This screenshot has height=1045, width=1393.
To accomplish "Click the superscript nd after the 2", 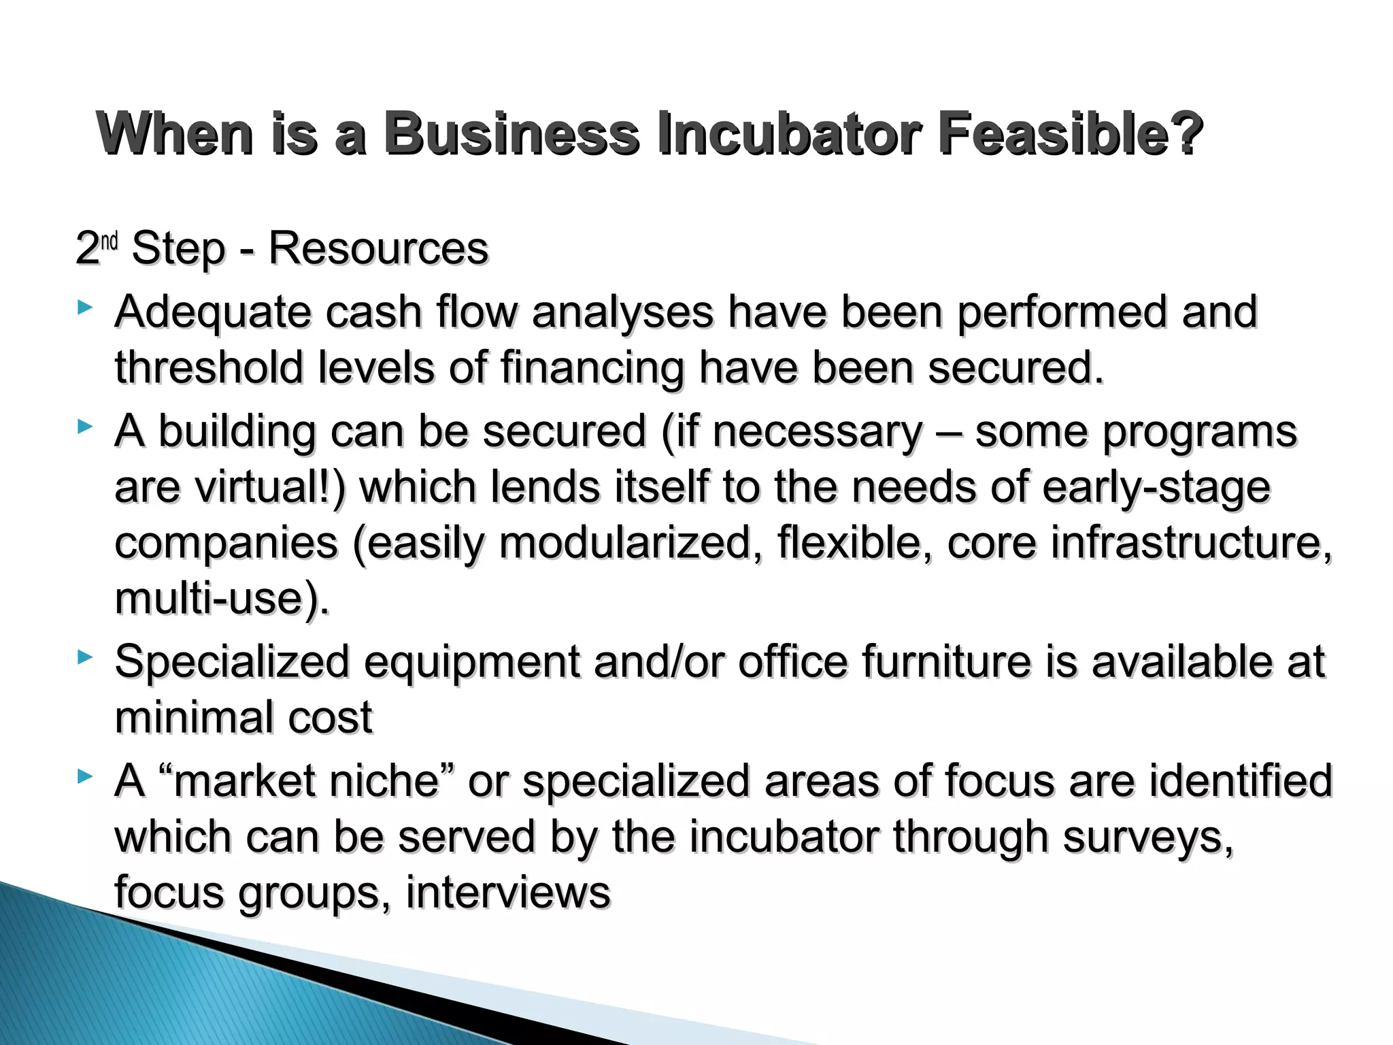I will point(110,241).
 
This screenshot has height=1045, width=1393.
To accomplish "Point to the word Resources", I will point(378,248).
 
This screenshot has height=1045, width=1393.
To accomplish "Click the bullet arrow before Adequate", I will point(84,308).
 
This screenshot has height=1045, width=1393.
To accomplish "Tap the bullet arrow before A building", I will point(84,427).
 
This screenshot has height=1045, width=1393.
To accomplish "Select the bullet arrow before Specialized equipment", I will point(84,657).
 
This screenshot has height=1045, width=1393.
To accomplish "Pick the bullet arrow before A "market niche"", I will point(84,776).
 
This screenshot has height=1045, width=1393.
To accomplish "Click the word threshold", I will point(208,368).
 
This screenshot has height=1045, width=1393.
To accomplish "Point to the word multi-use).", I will point(222,599).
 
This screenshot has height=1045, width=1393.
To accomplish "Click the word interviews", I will point(508,893).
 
